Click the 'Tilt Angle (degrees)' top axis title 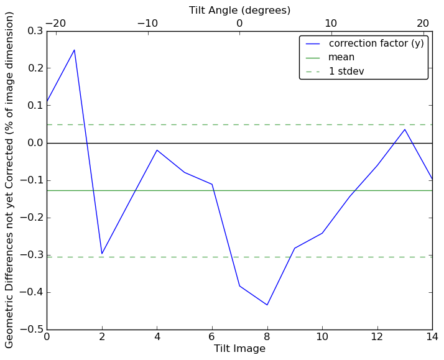239,10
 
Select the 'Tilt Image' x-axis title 239,349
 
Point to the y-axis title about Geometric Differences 10,180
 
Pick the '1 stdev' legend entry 346,71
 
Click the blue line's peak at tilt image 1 74,50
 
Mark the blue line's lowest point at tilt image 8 267,305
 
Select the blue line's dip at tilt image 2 102,254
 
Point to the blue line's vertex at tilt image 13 405,129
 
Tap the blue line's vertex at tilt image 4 157,150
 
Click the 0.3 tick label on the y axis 35,31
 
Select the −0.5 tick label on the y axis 32,330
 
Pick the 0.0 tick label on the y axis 35,143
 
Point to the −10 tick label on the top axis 147,24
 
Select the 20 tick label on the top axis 423,24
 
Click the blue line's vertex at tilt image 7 239,285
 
